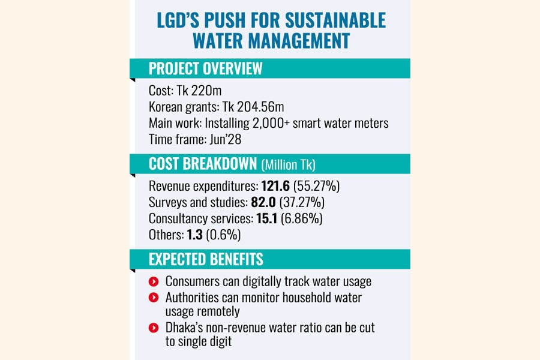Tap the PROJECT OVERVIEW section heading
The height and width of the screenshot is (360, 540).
(x=206, y=68)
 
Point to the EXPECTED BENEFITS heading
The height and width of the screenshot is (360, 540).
(x=206, y=259)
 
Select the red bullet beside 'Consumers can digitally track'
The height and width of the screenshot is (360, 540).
(x=154, y=281)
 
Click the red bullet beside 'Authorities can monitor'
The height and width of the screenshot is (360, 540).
(x=154, y=296)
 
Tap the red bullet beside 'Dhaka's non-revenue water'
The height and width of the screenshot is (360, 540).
(x=154, y=328)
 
